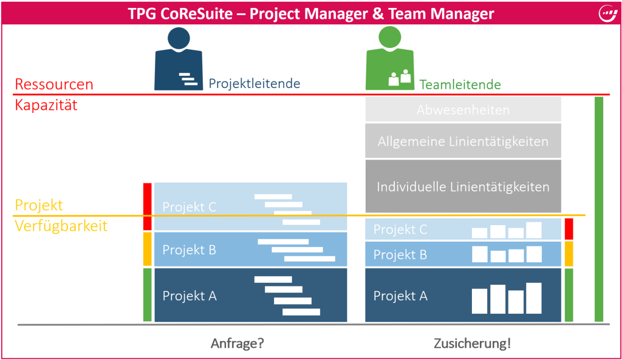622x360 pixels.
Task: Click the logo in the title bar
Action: coord(607,13)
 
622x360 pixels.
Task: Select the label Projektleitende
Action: coord(255,84)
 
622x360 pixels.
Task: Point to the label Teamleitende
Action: coord(460,84)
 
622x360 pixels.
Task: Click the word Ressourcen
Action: coord(54,84)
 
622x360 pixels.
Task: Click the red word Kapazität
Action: coord(46,105)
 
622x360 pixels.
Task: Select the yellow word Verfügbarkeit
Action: coord(61,226)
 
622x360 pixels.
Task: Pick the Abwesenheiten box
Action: coord(463,110)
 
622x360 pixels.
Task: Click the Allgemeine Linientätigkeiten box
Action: coord(463,141)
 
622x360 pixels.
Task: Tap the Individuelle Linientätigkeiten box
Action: coord(463,186)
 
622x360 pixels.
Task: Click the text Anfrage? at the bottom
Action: coord(237,343)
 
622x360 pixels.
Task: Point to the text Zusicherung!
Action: coord(472,343)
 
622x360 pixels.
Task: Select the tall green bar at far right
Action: coord(599,209)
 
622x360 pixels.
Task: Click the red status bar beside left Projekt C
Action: coord(147,206)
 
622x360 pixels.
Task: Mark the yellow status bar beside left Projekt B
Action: coord(147,249)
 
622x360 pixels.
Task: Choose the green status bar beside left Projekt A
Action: coord(147,295)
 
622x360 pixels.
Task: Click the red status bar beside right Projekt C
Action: coord(569,229)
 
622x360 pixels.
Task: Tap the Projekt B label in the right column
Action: coord(400,255)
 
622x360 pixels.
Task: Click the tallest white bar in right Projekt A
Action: coord(534,299)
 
